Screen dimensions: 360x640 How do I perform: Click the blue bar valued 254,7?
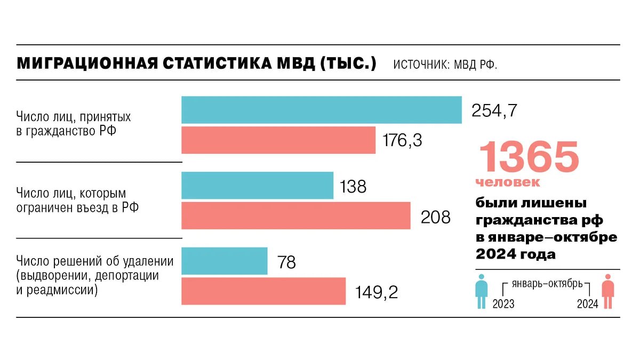pos(321,110)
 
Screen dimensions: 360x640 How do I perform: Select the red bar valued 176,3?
pos(278,140)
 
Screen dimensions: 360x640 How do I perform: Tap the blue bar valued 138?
pos(257,186)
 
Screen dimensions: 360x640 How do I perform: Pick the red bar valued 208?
pos(296,215)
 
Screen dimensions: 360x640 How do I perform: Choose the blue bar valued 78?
pos(224,261)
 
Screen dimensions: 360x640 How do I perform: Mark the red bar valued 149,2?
pos(263,291)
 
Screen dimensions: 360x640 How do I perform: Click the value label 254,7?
pos(494,110)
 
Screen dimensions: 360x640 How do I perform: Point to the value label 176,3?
pos(402,140)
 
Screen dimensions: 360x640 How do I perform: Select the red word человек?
pos(507,182)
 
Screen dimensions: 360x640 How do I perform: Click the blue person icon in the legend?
pos(482,291)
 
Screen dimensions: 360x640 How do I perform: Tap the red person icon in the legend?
pos(607,291)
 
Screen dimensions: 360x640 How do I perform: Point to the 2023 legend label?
pos(503,304)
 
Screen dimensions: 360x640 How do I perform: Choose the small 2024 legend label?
pos(587,304)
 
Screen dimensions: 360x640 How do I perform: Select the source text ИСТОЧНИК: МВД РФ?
pos(445,65)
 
